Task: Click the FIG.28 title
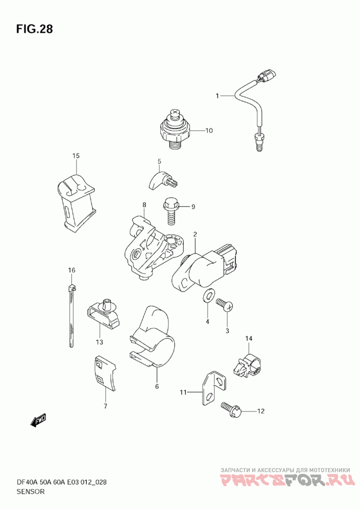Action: tap(34, 29)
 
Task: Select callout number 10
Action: tap(209, 130)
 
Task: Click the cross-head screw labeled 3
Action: tap(225, 305)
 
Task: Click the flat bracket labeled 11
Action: tap(213, 388)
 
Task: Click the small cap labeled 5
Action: tap(164, 181)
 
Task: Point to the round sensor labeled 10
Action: tap(176, 129)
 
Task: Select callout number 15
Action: tap(76, 156)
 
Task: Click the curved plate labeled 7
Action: tap(106, 373)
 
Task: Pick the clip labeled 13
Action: tap(103, 313)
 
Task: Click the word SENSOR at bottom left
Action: tap(30, 491)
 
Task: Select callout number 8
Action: tap(144, 205)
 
